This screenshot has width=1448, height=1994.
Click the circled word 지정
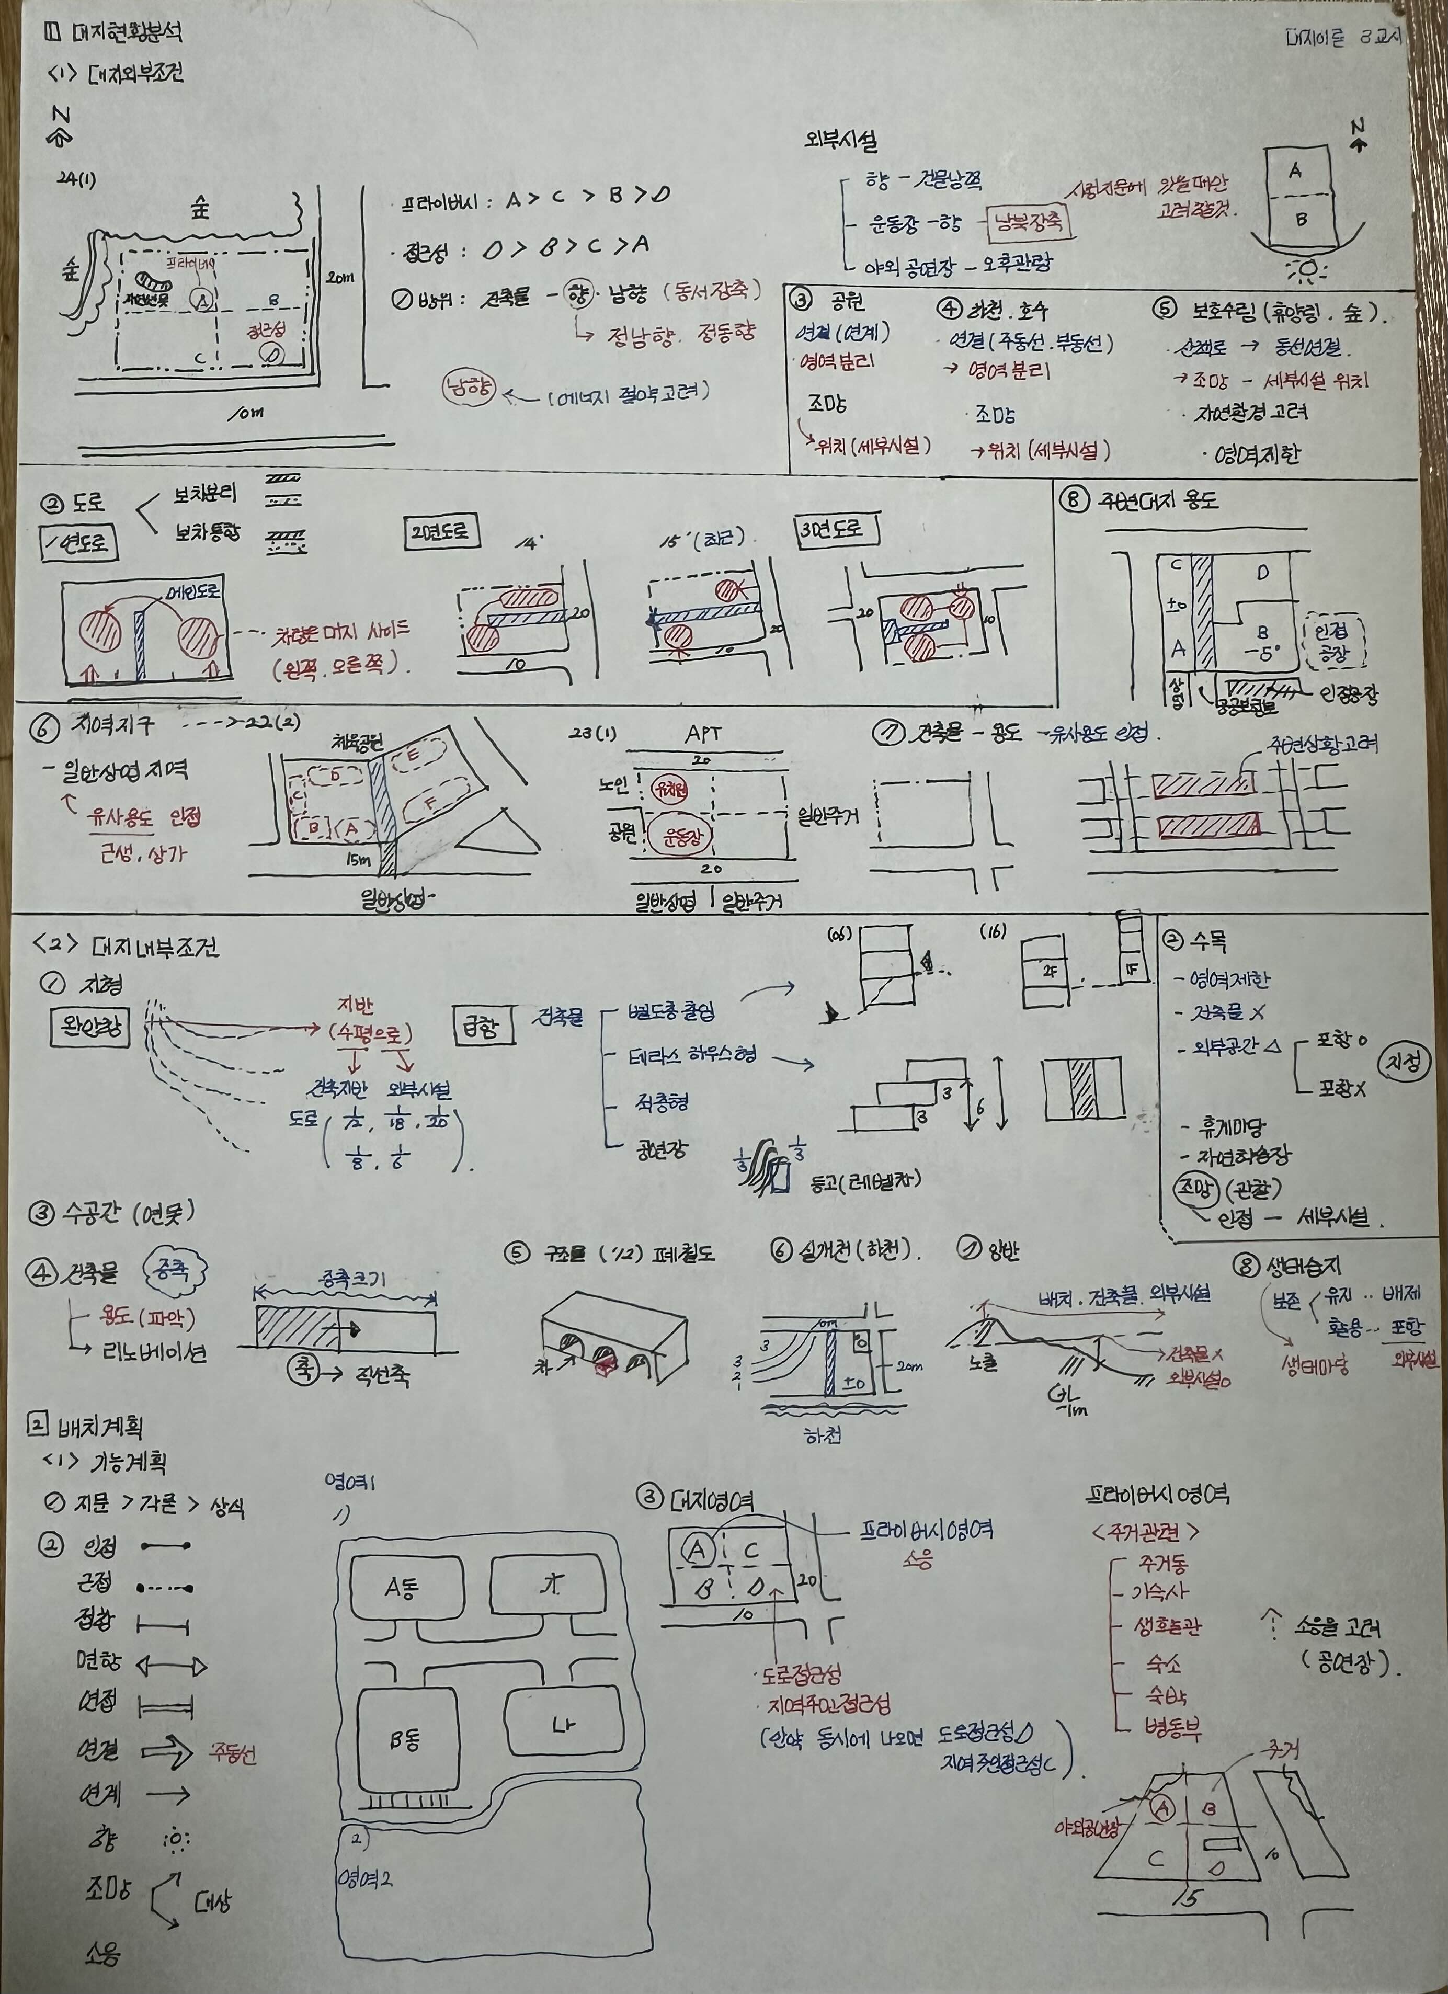[x=1404, y=1063]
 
